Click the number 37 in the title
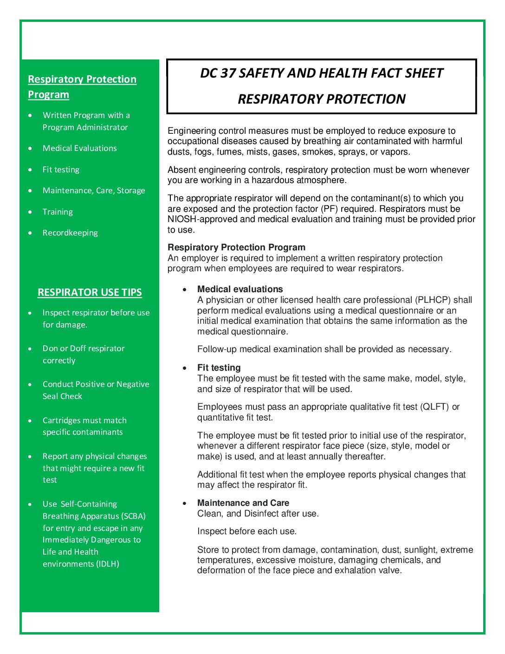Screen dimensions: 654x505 (228, 73)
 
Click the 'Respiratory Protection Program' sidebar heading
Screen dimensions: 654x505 (82, 87)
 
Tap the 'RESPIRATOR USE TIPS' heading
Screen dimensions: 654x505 (90, 293)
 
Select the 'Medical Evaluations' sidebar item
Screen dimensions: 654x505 (79, 148)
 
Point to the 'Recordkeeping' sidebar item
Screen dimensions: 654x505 (70, 233)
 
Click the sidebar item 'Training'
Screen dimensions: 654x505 (58, 212)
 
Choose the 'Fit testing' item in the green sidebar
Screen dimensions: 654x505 (61, 170)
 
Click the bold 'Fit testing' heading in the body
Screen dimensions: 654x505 (219, 368)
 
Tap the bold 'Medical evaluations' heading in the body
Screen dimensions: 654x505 (240, 289)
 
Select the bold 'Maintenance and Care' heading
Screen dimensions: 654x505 (243, 503)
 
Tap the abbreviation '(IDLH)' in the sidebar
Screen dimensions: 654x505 (108, 564)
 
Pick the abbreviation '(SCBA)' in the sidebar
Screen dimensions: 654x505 (134, 516)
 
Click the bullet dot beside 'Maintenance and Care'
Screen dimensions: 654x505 (185, 504)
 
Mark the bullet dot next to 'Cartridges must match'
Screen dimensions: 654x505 (30, 421)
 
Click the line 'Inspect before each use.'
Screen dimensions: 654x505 (246, 531)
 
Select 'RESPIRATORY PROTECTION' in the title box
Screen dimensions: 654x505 (322, 99)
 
